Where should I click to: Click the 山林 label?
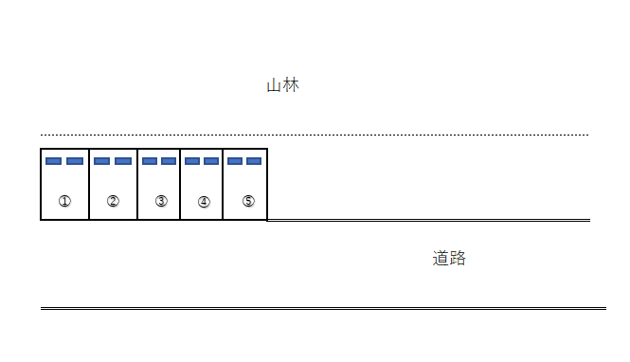[x=282, y=85]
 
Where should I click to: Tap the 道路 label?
[x=449, y=258]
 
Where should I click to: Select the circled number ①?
[x=64, y=201]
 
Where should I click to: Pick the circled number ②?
[x=113, y=201]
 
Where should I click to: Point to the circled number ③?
[x=161, y=201]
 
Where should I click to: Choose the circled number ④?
[x=204, y=201]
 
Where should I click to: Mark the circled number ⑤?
[x=248, y=201]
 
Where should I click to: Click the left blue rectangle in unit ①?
[x=54, y=161]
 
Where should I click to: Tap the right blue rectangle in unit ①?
[x=75, y=161]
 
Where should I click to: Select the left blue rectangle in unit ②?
[x=102, y=161]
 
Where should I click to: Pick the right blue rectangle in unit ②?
[x=123, y=161]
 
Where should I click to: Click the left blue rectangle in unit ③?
[x=150, y=161]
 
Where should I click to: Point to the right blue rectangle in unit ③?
[x=169, y=161]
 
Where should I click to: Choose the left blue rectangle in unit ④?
[x=192, y=161]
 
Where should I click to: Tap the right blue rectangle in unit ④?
[x=211, y=161]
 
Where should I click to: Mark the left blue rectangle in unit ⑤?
[x=235, y=161]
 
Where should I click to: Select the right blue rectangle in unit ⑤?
[x=254, y=161]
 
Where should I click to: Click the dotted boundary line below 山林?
[x=379, y=135]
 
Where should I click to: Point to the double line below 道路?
[x=322, y=308]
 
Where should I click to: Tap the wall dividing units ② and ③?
[x=137, y=185]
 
